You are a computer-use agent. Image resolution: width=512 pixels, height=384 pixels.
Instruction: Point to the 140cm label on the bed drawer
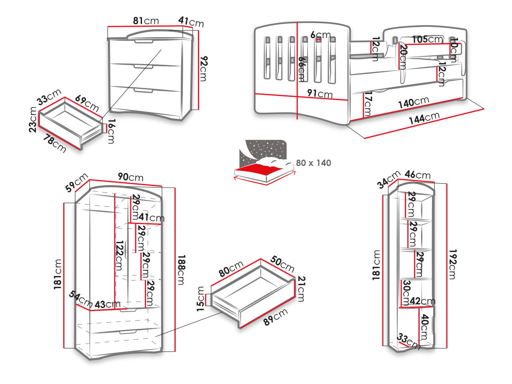(x=414, y=103)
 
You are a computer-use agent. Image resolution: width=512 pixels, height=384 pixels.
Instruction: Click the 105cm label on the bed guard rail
(x=427, y=39)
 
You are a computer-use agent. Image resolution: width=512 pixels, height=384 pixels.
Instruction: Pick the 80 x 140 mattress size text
(x=314, y=163)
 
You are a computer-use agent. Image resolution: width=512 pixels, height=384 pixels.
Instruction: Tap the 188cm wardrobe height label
(x=181, y=270)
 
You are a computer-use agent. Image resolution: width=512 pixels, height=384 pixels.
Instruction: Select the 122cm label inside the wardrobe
(x=118, y=256)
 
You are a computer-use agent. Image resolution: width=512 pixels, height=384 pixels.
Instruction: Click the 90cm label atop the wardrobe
(x=130, y=177)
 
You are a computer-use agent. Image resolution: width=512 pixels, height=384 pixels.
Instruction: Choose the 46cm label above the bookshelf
(x=418, y=175)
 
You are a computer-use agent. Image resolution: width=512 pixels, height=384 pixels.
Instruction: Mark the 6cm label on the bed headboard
(x=320, y=35)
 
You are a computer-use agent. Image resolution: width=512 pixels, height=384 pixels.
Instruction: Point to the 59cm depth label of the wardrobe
(x=76, y=182)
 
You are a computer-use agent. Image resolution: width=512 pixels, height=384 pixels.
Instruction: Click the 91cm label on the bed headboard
(x=320, y=94)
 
